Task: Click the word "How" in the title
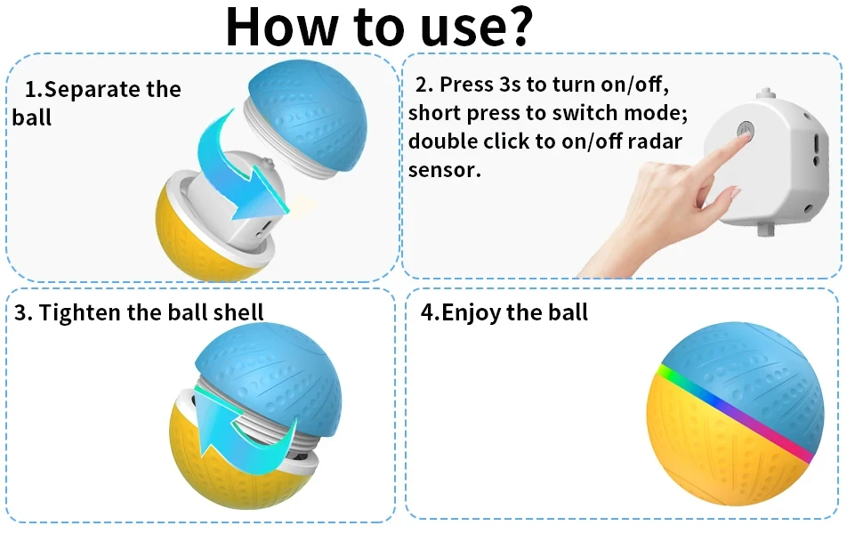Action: click(x=281, y=26)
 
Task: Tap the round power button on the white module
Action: click(x=746, y=131)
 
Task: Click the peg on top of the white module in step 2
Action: click(x=765, y=93)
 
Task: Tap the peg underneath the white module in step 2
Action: click(x=766, y=229)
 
